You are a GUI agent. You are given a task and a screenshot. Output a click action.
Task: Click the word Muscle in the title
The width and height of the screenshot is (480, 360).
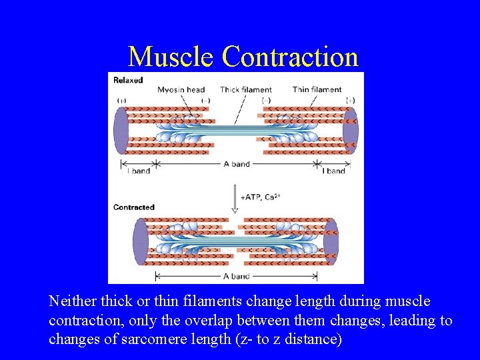pyautogui.click(x=171, y=57)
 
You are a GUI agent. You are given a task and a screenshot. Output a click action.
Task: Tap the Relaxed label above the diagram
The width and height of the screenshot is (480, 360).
pyautogui.click(x=128, y=80)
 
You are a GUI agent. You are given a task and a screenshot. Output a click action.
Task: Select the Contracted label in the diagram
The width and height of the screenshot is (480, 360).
pyautogui.click(x=133, y=207)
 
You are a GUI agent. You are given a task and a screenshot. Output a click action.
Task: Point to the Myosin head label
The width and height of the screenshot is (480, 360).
pyautogui.click(x=181, y=89)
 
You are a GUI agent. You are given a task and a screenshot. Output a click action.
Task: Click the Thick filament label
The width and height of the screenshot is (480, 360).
pyautogui.click(x=246, y=89)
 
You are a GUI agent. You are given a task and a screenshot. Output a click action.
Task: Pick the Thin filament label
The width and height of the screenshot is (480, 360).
pyautogui.click(x=317, y=89)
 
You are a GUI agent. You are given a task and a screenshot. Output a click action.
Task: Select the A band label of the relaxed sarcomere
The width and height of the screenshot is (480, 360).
pyautogui.click(x=237, y=164)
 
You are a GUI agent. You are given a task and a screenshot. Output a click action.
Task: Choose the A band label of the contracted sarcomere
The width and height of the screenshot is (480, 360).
pyautogui.click(x=236, y=276)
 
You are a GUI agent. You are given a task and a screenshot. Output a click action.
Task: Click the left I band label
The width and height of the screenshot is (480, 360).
pyautogui.click(x=138, y=171)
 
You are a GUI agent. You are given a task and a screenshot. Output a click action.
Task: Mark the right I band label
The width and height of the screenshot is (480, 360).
pyautogui.click(x=333, y=171)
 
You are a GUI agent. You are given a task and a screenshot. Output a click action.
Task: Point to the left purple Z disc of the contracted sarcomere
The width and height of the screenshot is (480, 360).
pyautogui.click(x=141, y=241)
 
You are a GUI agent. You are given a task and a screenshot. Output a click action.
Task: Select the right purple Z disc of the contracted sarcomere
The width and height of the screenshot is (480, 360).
pyautogui.click(x=331, y=241)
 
